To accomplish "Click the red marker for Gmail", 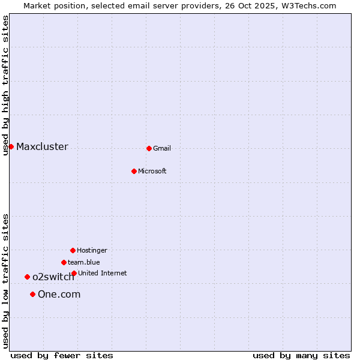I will [149, 148].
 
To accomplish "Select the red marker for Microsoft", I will [134, 171].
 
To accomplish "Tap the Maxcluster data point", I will [11, 146].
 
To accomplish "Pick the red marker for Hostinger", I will [73, 250].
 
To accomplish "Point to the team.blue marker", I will [64, 262].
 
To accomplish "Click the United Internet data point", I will [74, 273].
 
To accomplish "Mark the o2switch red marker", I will [27, 277].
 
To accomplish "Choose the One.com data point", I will [32, 294].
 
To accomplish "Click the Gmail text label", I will [162, 148].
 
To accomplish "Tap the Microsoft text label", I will [152, 171].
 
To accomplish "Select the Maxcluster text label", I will [42, 146].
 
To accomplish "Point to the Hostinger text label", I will [92, 250].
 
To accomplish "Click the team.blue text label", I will [84, 262].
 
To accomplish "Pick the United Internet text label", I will [103, 273].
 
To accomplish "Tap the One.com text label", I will [59, 294].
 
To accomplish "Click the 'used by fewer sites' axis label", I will [62, 356].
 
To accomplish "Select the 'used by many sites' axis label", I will [301, 356].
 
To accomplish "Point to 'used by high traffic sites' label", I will [5, 85].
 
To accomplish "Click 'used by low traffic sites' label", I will [5, 281].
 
